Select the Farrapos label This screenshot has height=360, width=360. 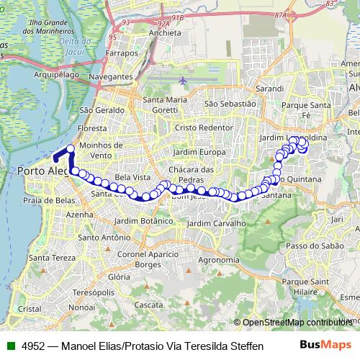click(x=121, y=53)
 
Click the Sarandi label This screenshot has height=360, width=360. click(x=269, y=89)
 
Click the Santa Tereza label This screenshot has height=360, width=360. click(x=48, y=258)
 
